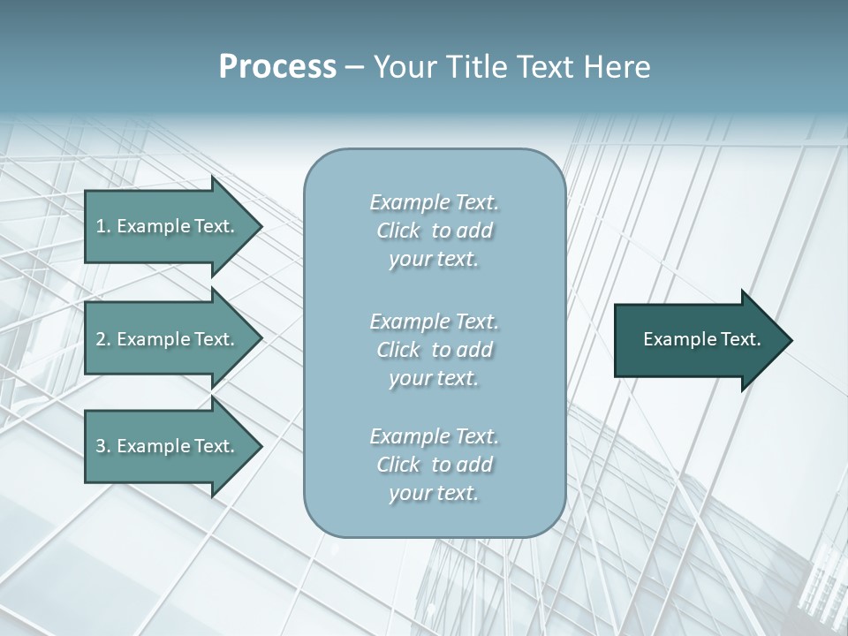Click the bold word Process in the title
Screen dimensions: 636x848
(277, 67)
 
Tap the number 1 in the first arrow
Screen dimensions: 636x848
(101, 226)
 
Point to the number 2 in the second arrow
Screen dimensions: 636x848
(101, 339)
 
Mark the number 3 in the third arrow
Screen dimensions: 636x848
(101, 446)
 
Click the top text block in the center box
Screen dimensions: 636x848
(435, 231)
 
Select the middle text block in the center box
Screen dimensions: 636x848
(435, 350)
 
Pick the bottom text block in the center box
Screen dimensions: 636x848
(435, 465)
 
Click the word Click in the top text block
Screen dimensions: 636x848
(398, 231)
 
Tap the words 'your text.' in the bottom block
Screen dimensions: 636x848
(434, 493)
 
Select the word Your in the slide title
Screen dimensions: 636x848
(403, 67)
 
